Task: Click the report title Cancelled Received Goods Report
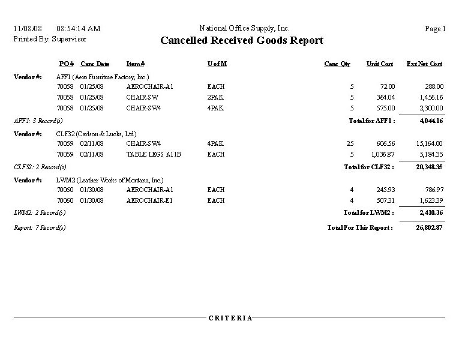click(x=242, y=41)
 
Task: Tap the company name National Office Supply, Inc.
click(x=244, y=28)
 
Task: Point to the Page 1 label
click(x=435, y=29)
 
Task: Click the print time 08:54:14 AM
click(x=78, y=29)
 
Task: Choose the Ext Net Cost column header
click(x=424, y=64)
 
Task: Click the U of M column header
click(x=217, y=64)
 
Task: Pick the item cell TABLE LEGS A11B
click(x=154, y=154)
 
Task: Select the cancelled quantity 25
click(x=350, y=143)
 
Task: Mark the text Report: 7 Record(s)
click(x=40, y=228)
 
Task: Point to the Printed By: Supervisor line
click(x=50, y=38)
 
